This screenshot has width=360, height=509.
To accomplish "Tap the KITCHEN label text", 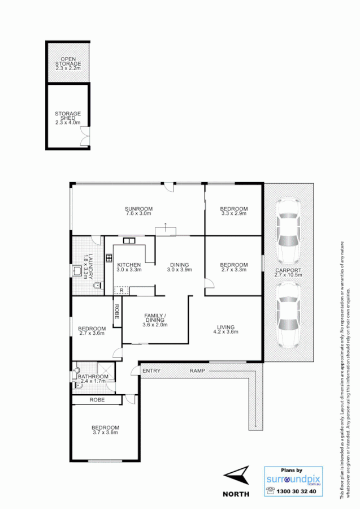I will tap(129, 265).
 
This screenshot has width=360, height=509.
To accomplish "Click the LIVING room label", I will tap(225, 326).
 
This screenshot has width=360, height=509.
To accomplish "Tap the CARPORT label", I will tap(289, 270).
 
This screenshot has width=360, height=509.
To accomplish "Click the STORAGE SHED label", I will tap(68, 114).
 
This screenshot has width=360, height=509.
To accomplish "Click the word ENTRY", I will tap(151, 370).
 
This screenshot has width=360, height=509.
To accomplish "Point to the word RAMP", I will tap(197, 370).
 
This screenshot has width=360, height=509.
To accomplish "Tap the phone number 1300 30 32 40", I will tap(297, 491).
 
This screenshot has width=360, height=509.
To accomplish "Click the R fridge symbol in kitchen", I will tap(121, 290).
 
